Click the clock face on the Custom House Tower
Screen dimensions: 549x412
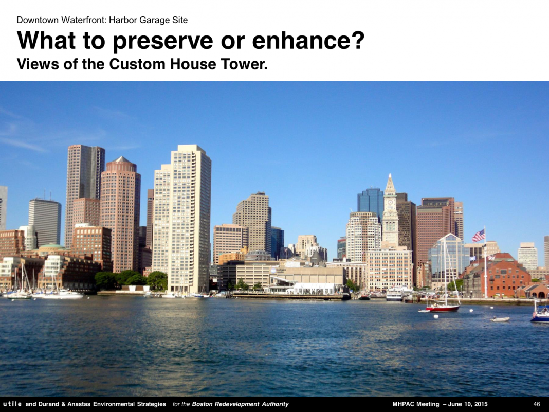coord(390,203)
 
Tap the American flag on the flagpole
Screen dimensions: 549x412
coord(478,236)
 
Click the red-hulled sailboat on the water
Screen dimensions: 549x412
coord(443,308)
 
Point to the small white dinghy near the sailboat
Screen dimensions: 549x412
coord(500,319)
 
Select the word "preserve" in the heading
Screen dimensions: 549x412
coord(163,40)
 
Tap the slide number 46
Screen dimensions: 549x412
coord(536,404)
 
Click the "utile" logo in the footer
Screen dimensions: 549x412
coord(12,404)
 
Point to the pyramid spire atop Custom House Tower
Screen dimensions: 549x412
coord(390,183)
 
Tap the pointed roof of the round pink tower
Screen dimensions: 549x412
coord(121,160)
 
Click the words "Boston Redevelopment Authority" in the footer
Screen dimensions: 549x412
coord(240,404)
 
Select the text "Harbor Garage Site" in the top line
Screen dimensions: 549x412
coord(148,20)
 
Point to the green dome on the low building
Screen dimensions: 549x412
coord(52,246)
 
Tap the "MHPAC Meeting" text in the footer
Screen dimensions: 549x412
coord(415,404)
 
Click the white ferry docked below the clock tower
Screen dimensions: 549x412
coord(394,295)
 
